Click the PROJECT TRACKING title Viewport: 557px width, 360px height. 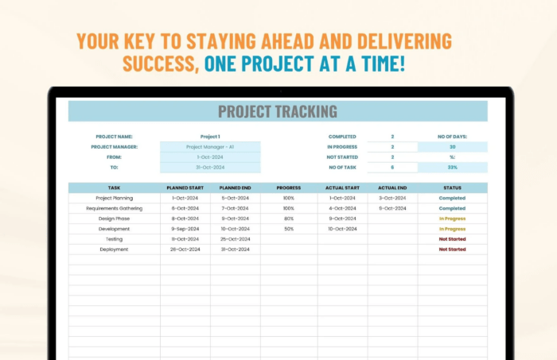[278, 112]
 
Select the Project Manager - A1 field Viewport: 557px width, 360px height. [210, 147]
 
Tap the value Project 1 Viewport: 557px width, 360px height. [210, 137]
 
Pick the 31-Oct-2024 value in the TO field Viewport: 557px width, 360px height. [210, 168]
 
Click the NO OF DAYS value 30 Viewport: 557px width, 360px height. [452, 147]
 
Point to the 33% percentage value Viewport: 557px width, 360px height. [452, 168]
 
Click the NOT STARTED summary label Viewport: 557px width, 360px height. [341, 157]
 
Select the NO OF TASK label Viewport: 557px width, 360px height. [341, 168]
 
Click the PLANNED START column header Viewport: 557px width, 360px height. [185, 188]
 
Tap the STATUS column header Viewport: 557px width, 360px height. [452, 188]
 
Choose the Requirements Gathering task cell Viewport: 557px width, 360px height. [114, 208]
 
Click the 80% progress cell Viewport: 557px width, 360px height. [288, 219]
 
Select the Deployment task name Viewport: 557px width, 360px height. [114, 250]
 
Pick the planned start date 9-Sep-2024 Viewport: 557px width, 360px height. [185, 229]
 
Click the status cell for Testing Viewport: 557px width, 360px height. [452, 239]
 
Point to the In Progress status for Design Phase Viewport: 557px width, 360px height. [452, 219]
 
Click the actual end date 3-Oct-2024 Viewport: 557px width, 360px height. [392, 198]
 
